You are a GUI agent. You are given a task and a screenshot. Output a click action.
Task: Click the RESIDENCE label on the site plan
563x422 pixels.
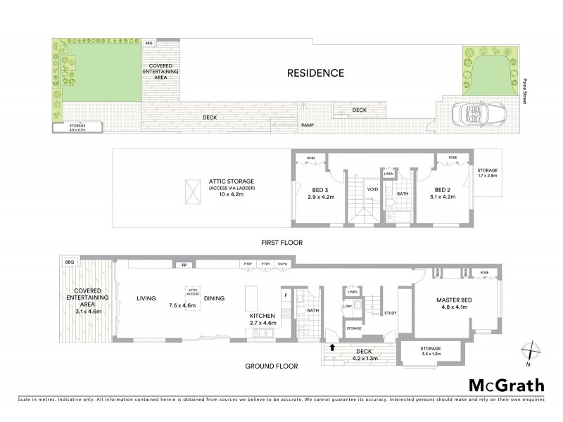tap(315, 72)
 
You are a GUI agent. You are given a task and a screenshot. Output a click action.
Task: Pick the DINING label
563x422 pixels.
tap(214, 298)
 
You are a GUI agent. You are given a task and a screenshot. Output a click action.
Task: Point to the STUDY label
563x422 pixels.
tap(391, 314)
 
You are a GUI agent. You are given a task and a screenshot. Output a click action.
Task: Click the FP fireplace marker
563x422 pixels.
tap(184, 266)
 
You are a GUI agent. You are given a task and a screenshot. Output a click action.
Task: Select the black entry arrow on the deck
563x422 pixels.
tap(332, 347)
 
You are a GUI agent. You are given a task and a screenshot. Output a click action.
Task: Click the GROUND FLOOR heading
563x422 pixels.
tap(271, 366)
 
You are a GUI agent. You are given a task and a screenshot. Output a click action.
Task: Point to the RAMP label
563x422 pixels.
tap(308, 125)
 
